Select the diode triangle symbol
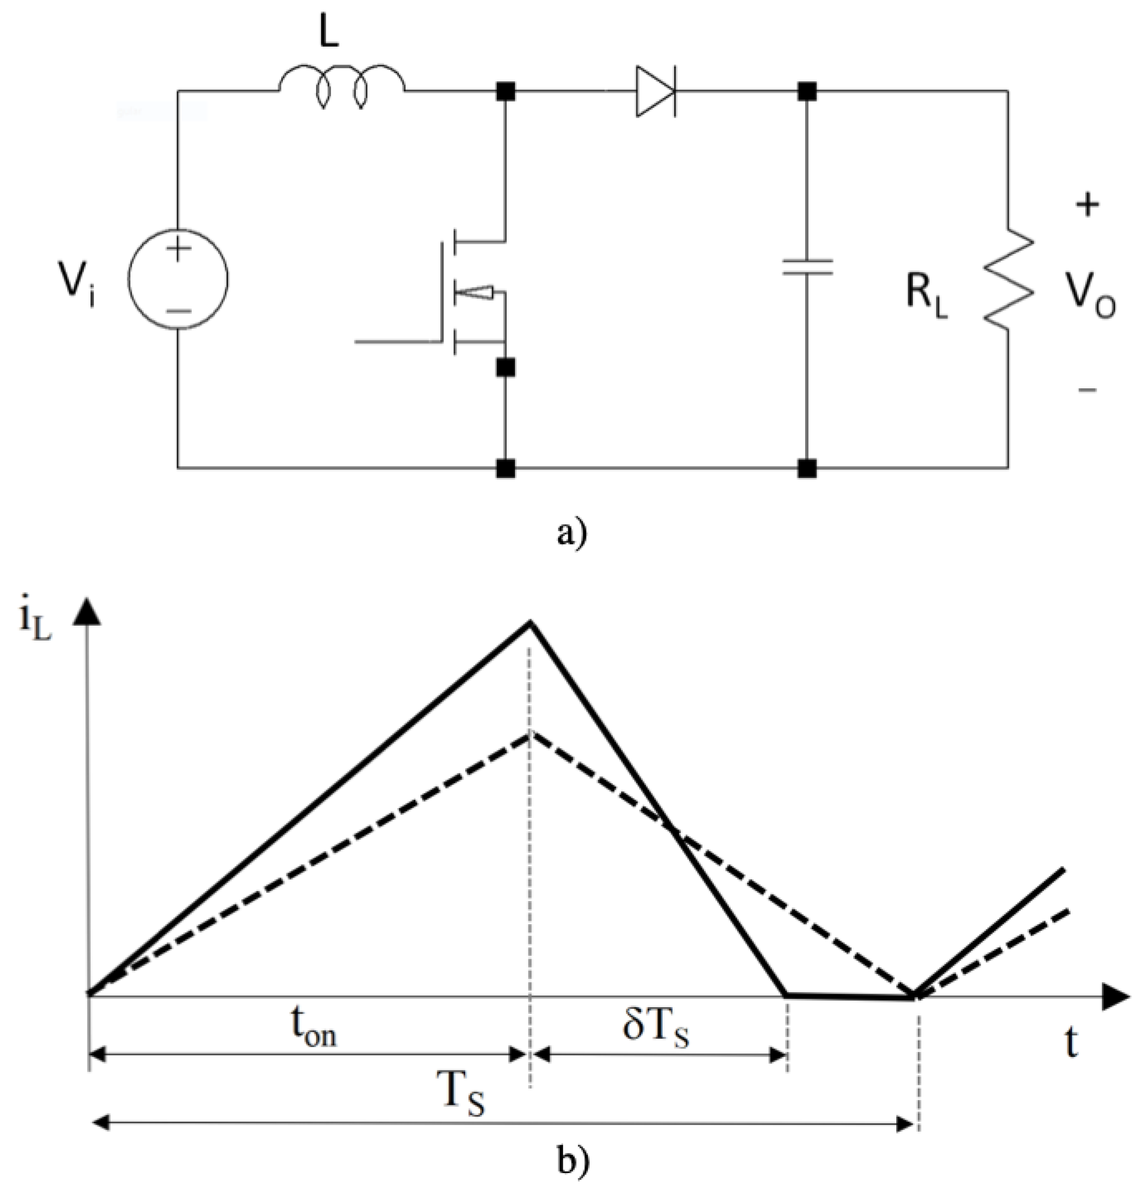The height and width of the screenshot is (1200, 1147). point(655,92)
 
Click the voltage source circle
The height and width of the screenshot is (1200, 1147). point(178,279)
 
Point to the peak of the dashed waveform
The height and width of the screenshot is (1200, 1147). point(531,733)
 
